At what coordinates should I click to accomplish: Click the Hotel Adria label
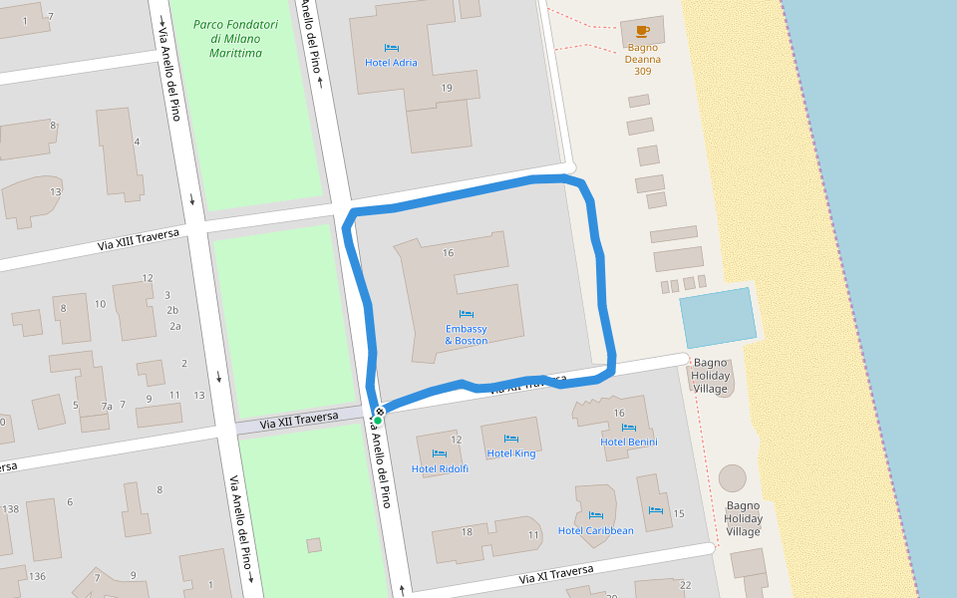(391, 63)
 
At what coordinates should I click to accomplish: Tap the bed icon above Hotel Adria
(391, 48)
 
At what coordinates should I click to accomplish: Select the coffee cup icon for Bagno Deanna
(642, 32)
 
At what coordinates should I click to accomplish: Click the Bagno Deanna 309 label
(643, 59)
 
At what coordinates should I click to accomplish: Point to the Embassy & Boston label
(467, 335)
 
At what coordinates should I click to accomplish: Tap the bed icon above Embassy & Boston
(467, 314)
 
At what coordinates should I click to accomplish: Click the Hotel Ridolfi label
(440, 468)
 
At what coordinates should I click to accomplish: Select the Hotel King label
(511, 453)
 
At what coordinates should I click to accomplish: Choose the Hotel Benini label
(629, 442)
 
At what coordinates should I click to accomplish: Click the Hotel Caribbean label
(595, 531)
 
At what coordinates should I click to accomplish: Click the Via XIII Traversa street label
(139, 239)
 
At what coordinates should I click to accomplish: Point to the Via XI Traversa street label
(555, 574)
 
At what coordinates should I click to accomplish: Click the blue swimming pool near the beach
(718, 317)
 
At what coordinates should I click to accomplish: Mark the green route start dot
(378, 421)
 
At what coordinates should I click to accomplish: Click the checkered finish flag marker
(380, 411)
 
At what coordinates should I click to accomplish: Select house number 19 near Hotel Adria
(447, 89)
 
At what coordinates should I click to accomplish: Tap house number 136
(38, 576)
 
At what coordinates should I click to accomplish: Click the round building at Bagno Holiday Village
(733, 478)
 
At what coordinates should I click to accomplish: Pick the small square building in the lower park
(314, 545)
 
